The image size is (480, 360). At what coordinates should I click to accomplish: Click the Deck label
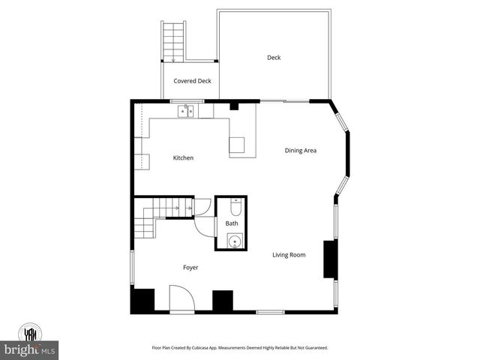274,58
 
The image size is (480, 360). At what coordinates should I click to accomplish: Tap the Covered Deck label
192,81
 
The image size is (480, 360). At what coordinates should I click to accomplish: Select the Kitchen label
183,157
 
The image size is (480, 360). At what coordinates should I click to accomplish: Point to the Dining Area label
300,151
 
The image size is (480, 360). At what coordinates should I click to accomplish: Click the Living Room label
289,255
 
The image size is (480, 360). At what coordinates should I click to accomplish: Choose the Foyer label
190,267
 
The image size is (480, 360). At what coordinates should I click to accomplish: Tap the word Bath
232,223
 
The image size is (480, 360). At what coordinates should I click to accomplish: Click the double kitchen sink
186,112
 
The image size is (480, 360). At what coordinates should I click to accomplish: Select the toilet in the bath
234,203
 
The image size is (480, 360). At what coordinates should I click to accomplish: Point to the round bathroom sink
234,241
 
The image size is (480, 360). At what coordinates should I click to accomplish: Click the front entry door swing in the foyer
182,300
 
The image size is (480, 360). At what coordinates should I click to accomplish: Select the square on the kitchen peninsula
237,145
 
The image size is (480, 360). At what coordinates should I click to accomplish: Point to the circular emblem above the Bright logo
31,332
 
